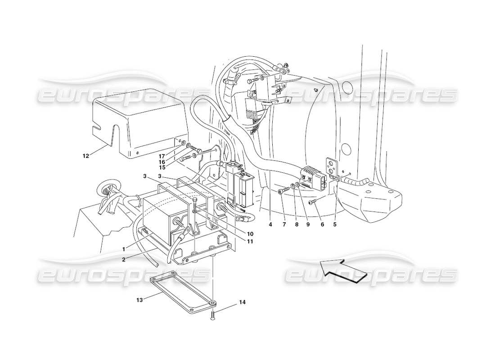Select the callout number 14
[x=243, y=303]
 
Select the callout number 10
[x=250, y=234]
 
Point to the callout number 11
[x=249, y=242]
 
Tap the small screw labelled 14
[x=212, y=318]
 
